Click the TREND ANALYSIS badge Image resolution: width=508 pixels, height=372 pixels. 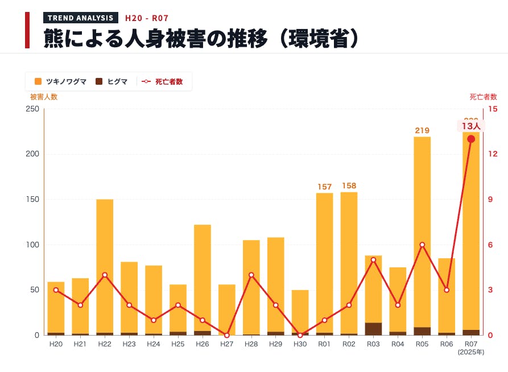(81, 18)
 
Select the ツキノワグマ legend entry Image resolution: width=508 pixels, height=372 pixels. (61, 81)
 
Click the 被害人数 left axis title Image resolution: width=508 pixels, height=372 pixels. (44, 97)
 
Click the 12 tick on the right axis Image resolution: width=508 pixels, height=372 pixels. (493, 154)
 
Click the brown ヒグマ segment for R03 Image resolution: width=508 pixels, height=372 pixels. (373, 329)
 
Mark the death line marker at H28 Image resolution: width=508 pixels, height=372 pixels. (251, 275)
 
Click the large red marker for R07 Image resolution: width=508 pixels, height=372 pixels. (471, 139)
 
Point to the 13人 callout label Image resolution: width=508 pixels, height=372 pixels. (471, 126)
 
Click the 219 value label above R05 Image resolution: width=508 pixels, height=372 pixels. (422, 130)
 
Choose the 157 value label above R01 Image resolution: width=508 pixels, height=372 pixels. (324, 187)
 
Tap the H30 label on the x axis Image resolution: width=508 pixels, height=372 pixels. (300, 344)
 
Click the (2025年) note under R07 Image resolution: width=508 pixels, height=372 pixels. (471, 352)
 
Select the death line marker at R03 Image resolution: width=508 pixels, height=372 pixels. (373, 260)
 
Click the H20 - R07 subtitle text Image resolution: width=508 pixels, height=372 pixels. (147, 18)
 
